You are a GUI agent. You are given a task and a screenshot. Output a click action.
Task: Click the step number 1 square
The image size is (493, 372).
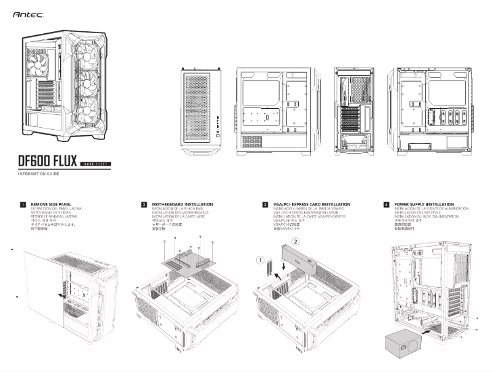(x=23, y=204)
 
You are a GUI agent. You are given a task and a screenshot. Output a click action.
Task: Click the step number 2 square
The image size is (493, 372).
(x=144, y=204)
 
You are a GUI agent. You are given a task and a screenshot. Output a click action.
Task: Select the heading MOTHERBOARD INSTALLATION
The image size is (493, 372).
(x=183, y=204)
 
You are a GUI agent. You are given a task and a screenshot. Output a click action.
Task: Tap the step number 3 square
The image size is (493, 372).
(x=265, y=204)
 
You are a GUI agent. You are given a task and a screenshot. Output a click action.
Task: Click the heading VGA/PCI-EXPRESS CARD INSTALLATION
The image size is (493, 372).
(x=312, y=204)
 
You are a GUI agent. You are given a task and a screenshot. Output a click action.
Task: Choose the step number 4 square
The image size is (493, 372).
(x=386, y=204)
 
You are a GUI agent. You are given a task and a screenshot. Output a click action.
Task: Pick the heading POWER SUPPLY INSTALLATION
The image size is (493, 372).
(x=424, y=204)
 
